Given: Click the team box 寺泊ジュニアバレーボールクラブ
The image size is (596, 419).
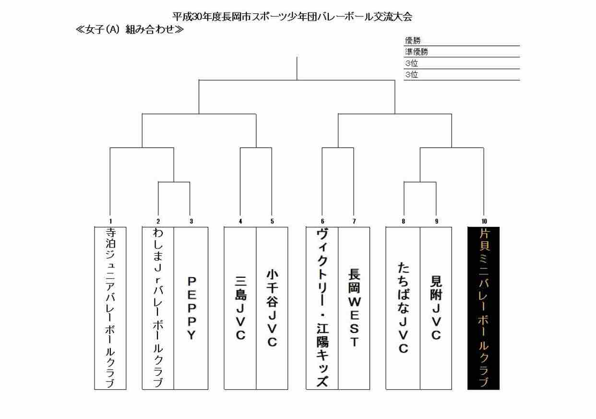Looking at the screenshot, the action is [110, 308].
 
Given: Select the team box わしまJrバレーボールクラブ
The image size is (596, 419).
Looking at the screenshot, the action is [158, 308].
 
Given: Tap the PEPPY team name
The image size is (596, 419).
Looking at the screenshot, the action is [191, 308].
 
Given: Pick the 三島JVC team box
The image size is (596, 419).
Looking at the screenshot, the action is [240, 308].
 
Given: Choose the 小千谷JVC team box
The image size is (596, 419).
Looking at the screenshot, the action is [272, 308].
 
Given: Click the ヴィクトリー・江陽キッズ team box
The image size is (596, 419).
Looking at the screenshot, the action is [322, 308].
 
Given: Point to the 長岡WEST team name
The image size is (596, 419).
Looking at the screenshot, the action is [354, 308].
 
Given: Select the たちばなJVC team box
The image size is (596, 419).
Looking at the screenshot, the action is [403, 308].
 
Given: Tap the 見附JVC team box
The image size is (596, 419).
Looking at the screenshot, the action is [436, 308].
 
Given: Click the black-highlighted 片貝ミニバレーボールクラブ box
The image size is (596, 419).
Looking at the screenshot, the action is [483, 308].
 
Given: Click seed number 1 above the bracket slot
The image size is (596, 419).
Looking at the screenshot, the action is [110, 222].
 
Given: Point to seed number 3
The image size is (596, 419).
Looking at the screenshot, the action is [191, 222].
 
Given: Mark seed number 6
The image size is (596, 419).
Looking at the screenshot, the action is [322, 222].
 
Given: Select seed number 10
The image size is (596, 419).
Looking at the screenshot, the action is [484, 222].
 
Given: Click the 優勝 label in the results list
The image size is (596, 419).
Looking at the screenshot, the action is [411, 41].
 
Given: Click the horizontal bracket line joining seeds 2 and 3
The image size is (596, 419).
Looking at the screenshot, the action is [174, 182].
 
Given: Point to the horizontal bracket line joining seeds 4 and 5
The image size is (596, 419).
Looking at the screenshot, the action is [256, 148].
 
